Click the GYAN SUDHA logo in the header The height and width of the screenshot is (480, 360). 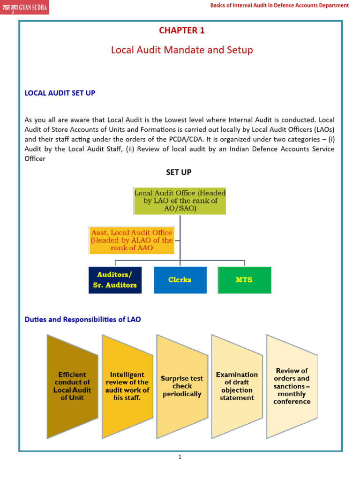[x=24, y=7]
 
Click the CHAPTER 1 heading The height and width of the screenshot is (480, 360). [x=181, y=30]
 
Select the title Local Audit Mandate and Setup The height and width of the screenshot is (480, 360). [x=181, y=50]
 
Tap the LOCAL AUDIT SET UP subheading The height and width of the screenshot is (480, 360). [x=60, y=93]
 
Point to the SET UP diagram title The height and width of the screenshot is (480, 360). [x=179, y=172]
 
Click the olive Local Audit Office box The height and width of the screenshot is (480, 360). [x=180, y=201]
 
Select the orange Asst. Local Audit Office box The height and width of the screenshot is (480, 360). [x=132, y=240]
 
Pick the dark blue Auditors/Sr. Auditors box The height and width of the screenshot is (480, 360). [x=115, y=280]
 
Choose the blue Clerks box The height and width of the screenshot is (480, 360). [x=180, y=280]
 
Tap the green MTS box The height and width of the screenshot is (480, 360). [x=244, y=280]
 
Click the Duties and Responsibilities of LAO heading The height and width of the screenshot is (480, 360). [x=82, y=319]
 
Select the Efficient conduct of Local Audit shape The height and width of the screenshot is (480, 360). [x=72, y=386]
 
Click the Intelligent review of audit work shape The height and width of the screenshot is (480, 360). [x=127, y=386]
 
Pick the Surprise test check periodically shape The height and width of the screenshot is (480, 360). [x=181, y=386]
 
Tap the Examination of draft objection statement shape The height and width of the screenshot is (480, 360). [x=237, y=386]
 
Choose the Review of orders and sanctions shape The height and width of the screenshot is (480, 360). [x=292, y=386]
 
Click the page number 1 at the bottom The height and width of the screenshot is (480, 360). [x=180, y=457]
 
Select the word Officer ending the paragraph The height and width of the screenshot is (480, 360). [x=35, y=159]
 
